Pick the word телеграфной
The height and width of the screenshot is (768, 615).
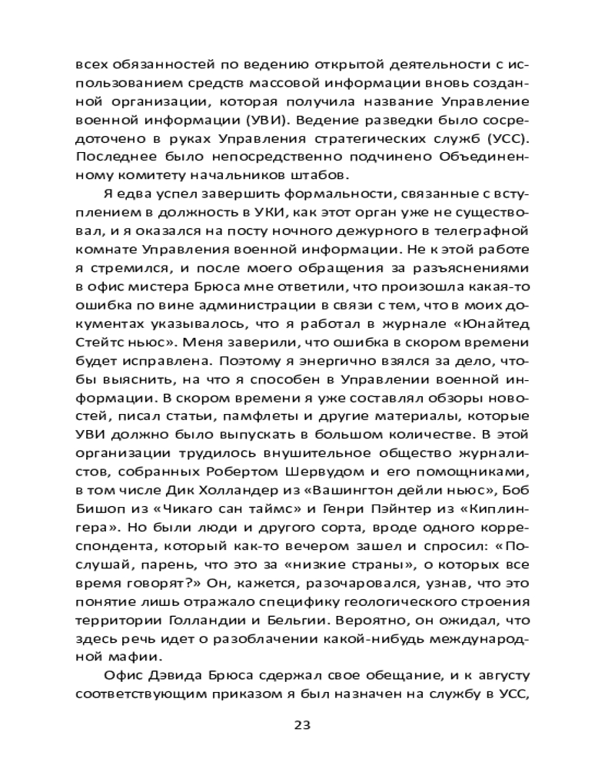[487, 228]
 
